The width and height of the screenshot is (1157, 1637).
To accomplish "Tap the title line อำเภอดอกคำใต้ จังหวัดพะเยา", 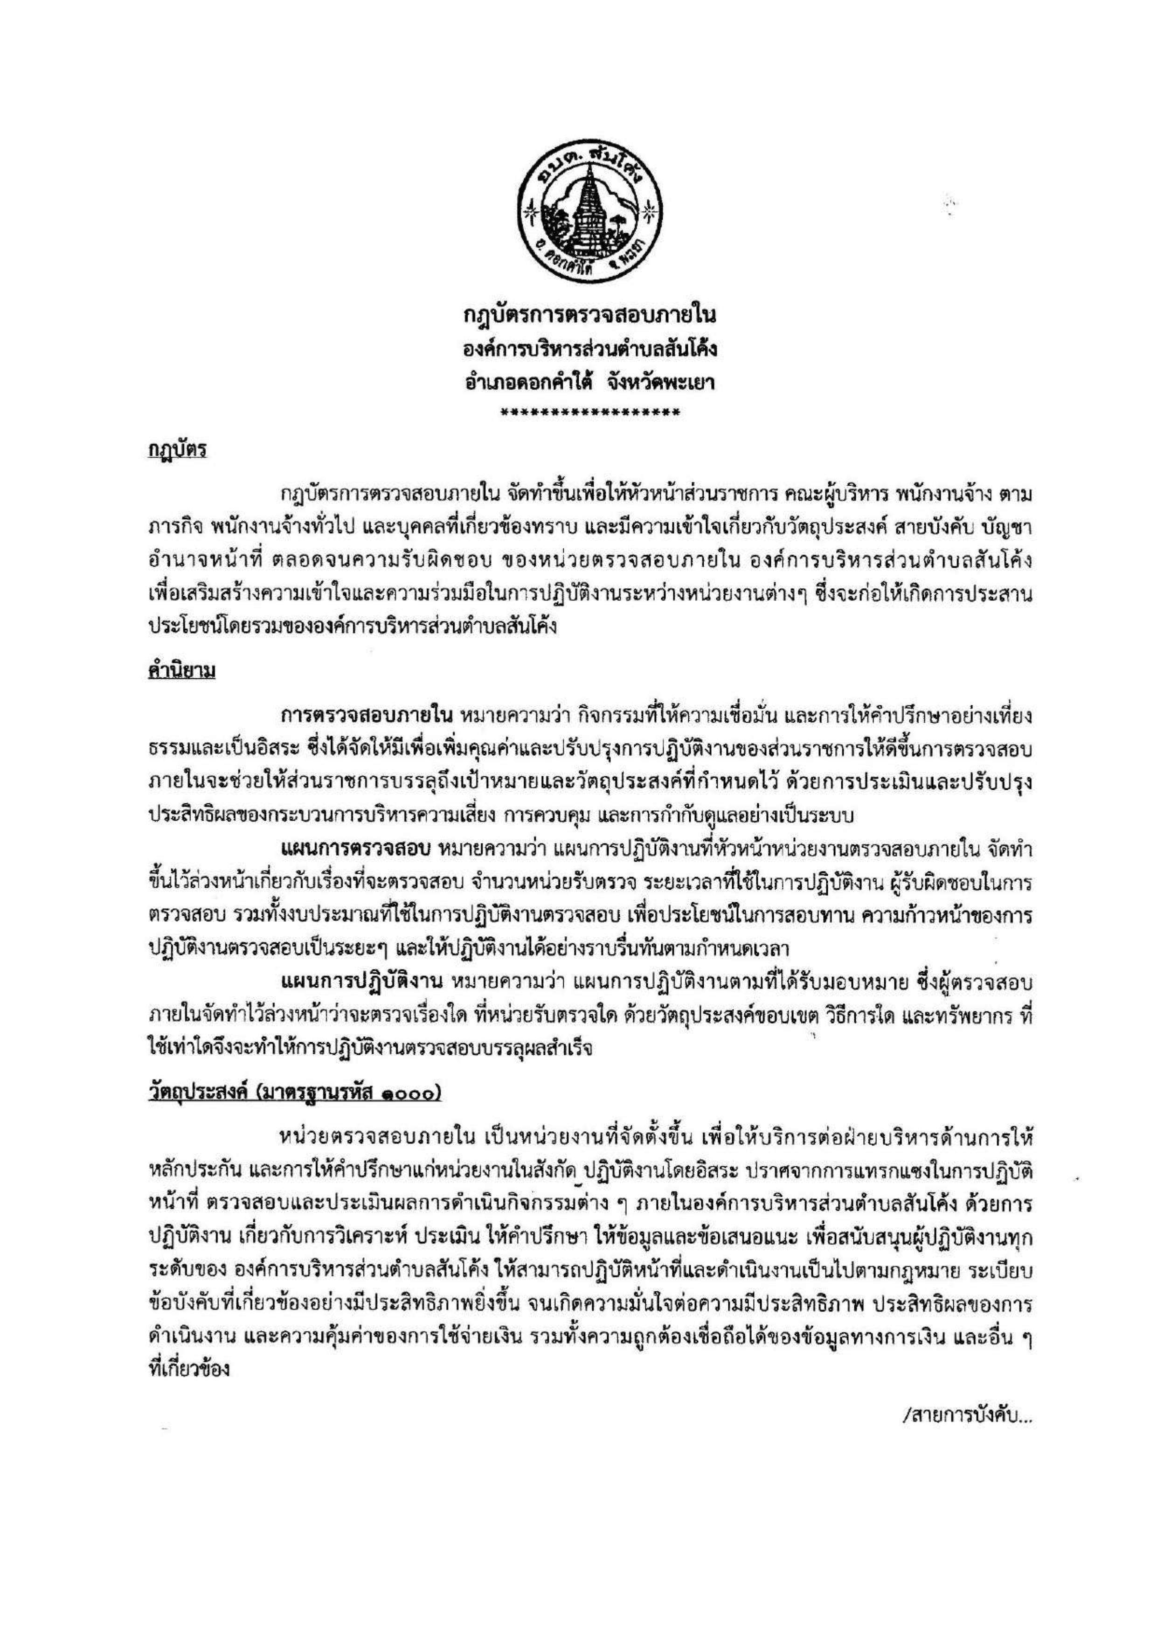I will [x=589, y=383].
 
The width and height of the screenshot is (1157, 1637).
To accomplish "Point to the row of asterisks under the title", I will [x=589, y=412].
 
